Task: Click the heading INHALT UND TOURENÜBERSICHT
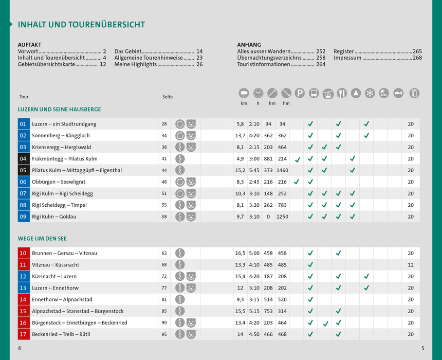pyautogui.click(x=81, y=25)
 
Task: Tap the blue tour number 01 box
pyautogui.click(x=23, y=124)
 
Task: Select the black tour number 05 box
pyautogui.click(x=23, y=170)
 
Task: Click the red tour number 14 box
pyautogui.click(x=23, y=299)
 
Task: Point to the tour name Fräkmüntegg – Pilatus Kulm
pyautogui.click(x=64, y=159)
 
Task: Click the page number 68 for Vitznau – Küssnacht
pyautogui.click(x=164, y=265)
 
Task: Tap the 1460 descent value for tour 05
pyautogui.click(x=282, y=170)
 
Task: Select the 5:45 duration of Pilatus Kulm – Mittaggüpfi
pyautogui.click(x=254, y=170)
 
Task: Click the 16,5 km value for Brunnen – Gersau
pyautogui.click(x=240, y=253)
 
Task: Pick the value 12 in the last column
pyautogui.click(x=411, y=265)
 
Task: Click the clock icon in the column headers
pyautogui.click(x=258, y=93)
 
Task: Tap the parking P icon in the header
pyautogui.click(x=300, y=93)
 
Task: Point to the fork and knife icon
pyautogui.click(x=342, y=93)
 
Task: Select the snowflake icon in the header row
pyautogui.click(x=370, y=93)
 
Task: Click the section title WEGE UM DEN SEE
pyautogui.click(x=42, y=239)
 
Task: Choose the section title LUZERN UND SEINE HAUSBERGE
pyautogui.click(x=59, y=110)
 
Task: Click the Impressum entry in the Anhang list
pyautogui.click(x=348, y=58)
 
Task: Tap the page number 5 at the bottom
pyautogui.click(x=422, y=348)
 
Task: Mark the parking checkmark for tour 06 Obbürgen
pyautogui.click(x=297, y=182)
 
